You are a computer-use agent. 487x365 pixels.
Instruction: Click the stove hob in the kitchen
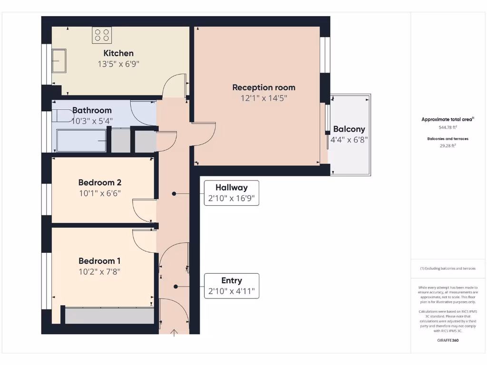pos(102,35)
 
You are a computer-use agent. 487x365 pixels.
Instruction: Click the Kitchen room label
pos(118,53)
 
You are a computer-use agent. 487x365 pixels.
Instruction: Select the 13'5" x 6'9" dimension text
pos(118,64)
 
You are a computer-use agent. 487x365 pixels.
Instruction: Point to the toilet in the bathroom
pos(61,116)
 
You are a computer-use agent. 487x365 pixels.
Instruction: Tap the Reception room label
pos(263,87)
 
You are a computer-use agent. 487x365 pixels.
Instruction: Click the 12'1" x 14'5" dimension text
pos(263,98)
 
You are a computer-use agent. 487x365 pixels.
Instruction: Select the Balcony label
pos(349,129)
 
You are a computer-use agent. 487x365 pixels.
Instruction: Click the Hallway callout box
pos(231,193)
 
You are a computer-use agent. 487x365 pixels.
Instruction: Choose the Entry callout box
pos(231,286)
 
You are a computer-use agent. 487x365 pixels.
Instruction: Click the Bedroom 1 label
pos(99,261)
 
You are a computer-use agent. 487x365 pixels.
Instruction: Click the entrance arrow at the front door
pos(174,333)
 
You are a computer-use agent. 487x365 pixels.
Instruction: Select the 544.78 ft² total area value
pos(447,127)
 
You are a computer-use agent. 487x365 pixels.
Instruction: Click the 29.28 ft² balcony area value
pos(447,146)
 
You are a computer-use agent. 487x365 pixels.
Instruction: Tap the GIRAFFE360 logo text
pos(447,340)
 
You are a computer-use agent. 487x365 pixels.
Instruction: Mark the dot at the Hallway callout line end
pos(174,193)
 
